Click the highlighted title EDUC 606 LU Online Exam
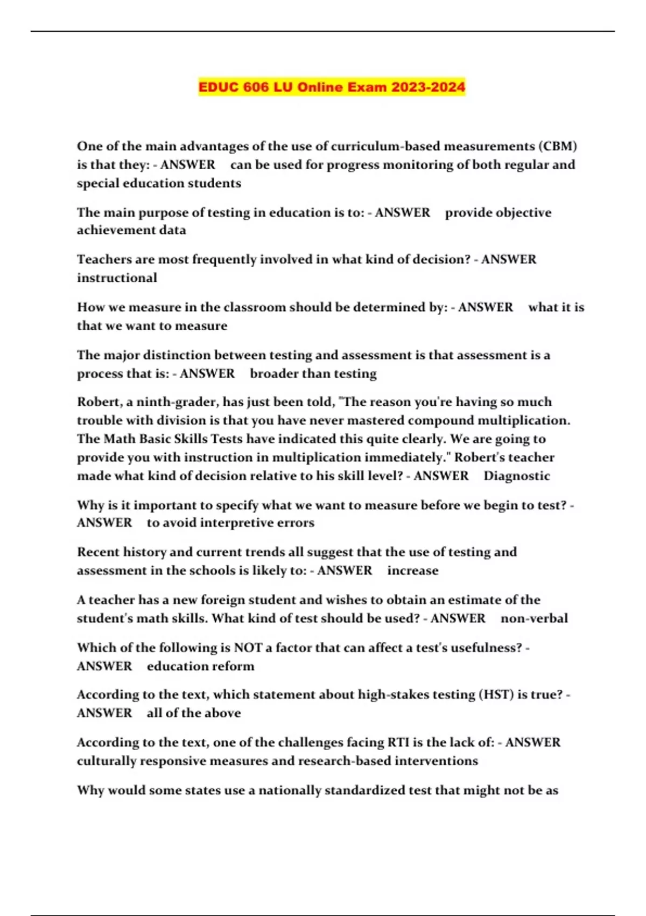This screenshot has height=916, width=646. click(332, 87)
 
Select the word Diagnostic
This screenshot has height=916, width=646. click(516, 476)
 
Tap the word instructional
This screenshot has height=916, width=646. click(117, 278)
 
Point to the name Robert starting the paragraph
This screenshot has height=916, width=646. click(99, 402)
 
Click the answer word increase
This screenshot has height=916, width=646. click(412, 571)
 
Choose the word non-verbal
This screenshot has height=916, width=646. click(533, 618)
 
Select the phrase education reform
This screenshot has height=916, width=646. click(200, 666)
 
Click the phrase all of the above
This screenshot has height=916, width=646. click(193, 713)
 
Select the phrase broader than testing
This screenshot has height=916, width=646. click(313, 374)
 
